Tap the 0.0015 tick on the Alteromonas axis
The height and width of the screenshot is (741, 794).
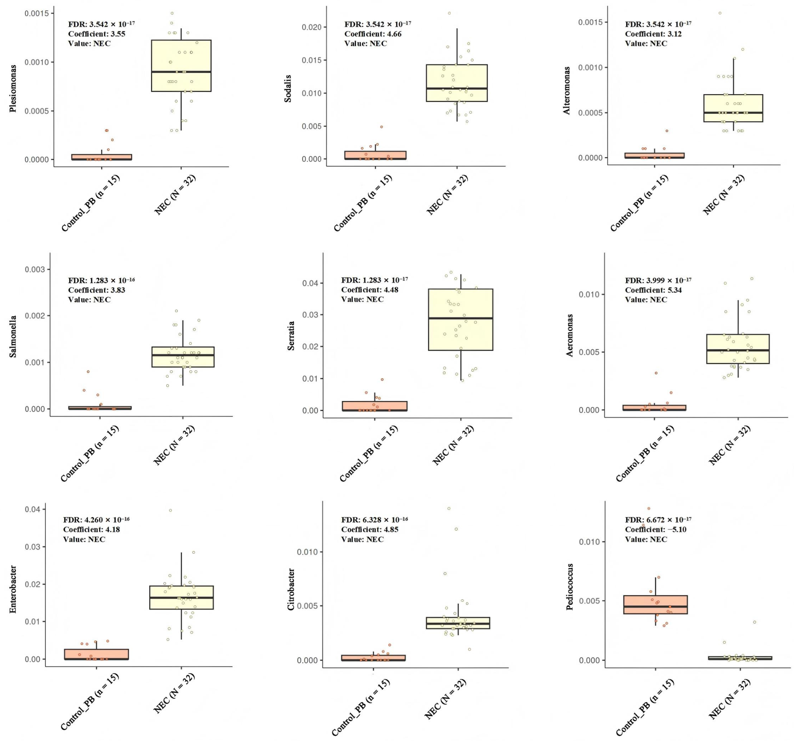590,22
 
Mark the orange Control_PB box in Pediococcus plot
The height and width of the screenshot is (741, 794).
655,605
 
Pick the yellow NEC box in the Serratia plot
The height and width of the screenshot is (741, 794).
460,319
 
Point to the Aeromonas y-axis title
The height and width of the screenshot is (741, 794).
570,335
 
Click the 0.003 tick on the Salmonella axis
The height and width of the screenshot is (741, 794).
35,269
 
